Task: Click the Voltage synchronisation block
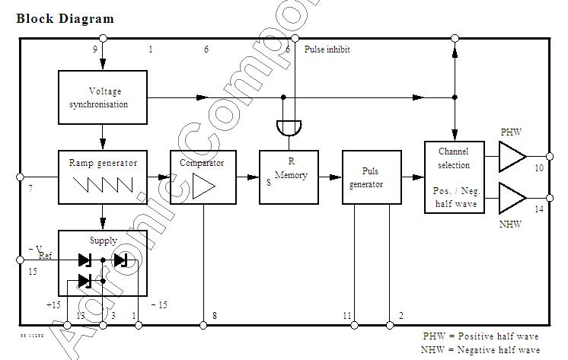tap(102, 97)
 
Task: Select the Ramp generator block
tap(102, 177)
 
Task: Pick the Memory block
tap(289, 177)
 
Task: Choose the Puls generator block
tap(372, 177)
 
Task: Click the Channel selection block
tap(454, 177)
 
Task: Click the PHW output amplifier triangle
tap(512, 158)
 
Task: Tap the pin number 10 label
tap(539, 167)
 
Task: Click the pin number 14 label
tap(539, 209)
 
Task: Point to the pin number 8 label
tap(215, 315)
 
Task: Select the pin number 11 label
tap(347, 315)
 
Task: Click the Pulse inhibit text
tap(327, 49)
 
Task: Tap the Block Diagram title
tap(65, 18)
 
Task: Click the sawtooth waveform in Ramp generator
tap(102, 185)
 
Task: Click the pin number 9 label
tap(94, 49)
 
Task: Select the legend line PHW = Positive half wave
tap(480, 336)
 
